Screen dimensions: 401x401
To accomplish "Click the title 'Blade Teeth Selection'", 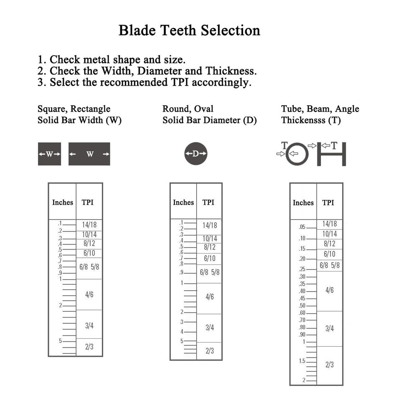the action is coord(189,30).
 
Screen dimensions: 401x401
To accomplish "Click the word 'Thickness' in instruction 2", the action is coord(231,71).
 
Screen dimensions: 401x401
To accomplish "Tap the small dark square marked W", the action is coord(49,154).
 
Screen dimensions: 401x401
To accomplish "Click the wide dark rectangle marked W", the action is coord(89,154).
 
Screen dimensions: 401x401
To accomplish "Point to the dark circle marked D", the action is coord(195,153).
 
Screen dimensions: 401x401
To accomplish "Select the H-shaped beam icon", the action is coord(331,155).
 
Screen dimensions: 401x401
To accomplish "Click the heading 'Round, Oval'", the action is coord(188,109).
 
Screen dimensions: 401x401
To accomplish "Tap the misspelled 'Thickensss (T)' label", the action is coord(311,120).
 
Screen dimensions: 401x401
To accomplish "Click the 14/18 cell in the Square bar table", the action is coord(89,225).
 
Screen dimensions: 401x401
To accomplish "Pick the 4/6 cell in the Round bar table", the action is coord(209,297).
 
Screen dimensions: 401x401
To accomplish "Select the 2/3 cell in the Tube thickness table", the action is coord(330,365).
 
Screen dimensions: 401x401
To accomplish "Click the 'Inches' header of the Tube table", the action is coord(303,203).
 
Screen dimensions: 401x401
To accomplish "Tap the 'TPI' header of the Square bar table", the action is coord(87,203).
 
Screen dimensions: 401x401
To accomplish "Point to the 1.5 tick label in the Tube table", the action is coord(302,361).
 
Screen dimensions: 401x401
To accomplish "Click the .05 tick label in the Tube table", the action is coord(302,227).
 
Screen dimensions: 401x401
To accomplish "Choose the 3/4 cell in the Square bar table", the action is coord(89,325).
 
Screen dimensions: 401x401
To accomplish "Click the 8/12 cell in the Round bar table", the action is coord(209,247).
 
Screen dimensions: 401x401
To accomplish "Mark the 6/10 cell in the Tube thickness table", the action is coord(330,254).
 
